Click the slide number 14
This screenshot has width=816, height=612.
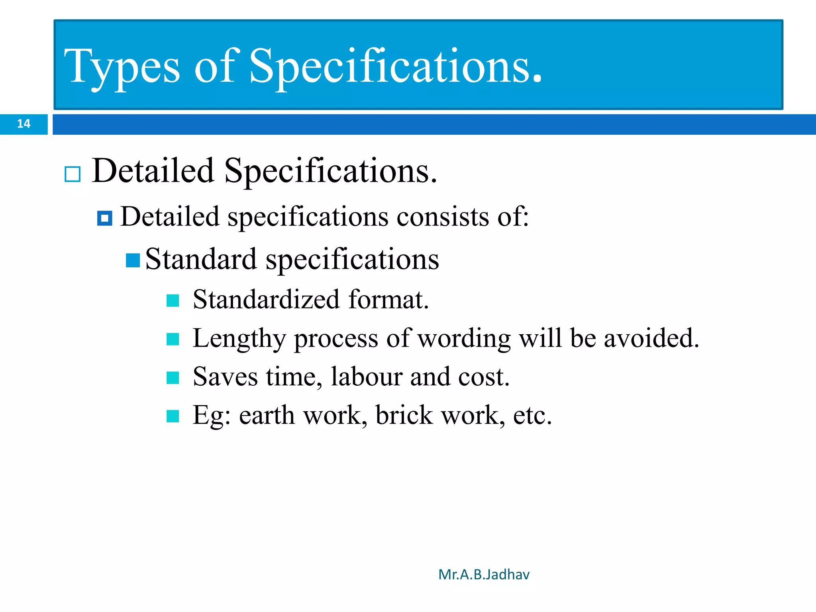[24, 124]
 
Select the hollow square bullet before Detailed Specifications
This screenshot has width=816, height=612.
[73, 174]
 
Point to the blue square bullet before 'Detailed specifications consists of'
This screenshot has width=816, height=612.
[105, 218]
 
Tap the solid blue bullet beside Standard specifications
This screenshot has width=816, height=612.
[133, 261]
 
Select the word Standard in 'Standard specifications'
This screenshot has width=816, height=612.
[201, 259]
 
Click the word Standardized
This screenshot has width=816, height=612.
[266, 300]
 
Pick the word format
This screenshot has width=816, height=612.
[388, 300]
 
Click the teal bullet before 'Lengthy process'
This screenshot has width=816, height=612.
[173, 339]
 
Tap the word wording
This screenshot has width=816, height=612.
[464, 339]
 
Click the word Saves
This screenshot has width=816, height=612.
[225, 377]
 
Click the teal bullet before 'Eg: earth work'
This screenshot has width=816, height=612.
[173, 416]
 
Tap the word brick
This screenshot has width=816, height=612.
[404, 416]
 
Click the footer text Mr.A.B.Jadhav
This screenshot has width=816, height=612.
[484, 575]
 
